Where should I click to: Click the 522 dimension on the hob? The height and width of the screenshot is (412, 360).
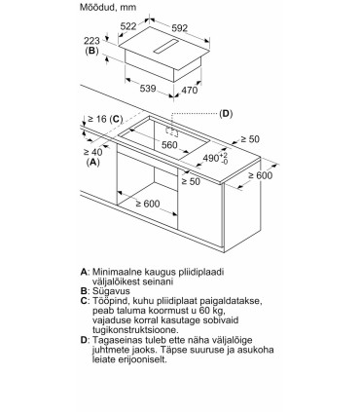(x=128, y=26)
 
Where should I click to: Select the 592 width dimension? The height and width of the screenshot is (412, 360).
(x=180, y=28)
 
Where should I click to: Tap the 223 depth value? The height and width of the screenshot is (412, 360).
(x=91, y=41)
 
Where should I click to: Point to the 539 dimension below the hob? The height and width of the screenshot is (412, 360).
(x=148, y=88)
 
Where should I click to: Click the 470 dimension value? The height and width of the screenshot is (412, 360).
(x=189, y=90)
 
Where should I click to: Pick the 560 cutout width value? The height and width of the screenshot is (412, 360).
(x=169, y=145)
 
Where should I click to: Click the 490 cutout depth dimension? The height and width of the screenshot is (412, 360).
(x=215, y=158)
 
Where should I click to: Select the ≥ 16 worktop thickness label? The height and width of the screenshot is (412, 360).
(x=97, y=119)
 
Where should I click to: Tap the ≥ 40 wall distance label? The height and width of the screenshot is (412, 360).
(x=93, y=152)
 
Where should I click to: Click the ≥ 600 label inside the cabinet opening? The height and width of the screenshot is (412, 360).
(x=148, y=204)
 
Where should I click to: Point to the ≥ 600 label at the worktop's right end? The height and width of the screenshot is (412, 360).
(x=261, y=175)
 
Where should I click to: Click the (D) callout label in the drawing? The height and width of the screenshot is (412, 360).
(x=226, y=114)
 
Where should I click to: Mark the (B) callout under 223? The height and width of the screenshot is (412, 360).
(x=91, y=51)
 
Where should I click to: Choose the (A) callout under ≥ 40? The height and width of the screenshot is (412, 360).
(x=93, y=162)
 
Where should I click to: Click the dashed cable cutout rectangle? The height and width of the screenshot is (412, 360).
(x=172, y=131)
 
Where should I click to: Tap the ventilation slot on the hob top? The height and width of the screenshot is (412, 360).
(x=166, y=47)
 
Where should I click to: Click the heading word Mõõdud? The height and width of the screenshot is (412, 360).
(x=96, y=7)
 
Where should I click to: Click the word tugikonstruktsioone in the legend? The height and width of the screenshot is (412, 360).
(x=135, y=330)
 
